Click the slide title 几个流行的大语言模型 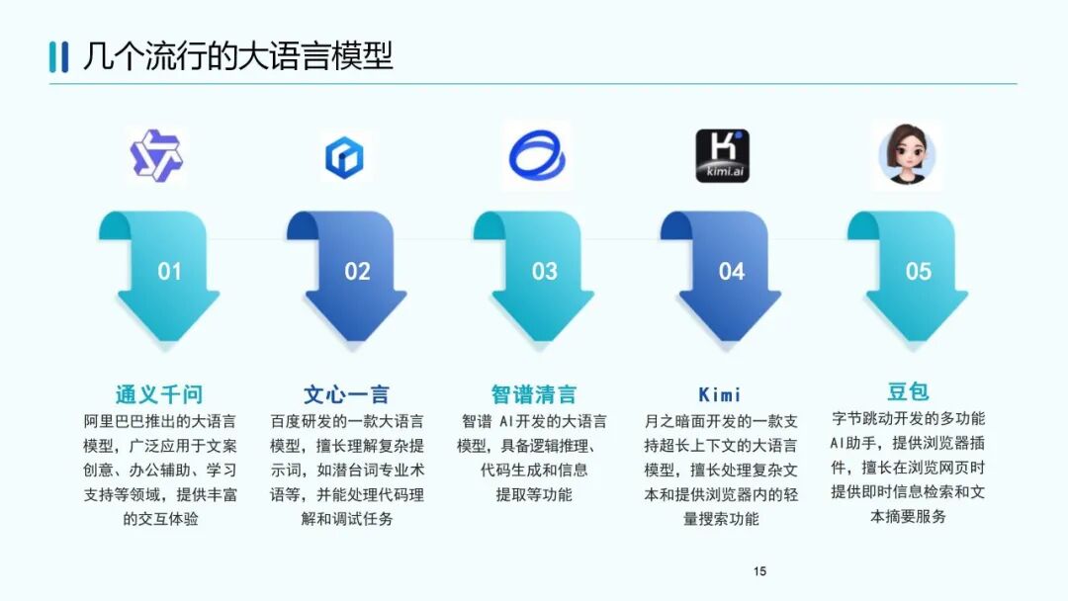[237, 55]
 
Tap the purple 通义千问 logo [157, 155]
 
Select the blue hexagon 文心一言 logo [344, 157]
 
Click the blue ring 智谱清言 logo [535, 155]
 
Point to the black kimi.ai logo [722, 155]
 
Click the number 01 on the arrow [170, 271]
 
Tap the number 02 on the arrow [357, 271]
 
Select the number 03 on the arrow [545, 271]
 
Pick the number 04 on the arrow [732, 271]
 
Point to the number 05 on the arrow [919, 271]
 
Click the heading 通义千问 [158, 395]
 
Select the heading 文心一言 [346, 395]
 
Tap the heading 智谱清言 [534, 395]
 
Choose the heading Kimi [720, 395]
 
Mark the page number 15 [759, 571]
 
